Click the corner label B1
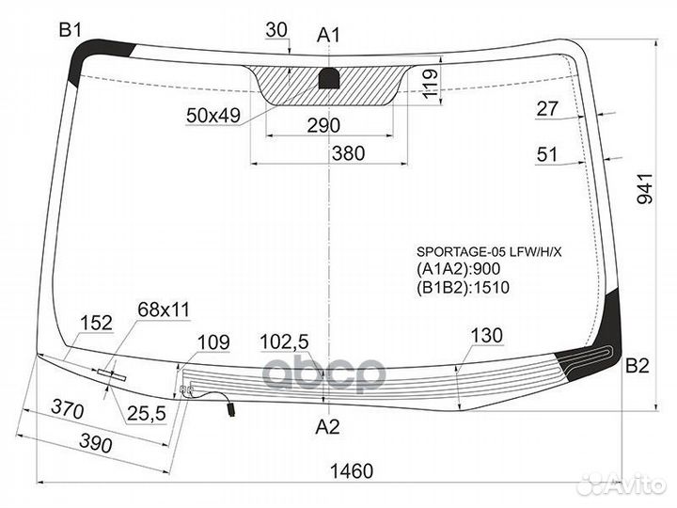[x=70, y=30]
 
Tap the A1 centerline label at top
[x=328, y=36]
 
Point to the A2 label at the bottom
[x=328, y=427]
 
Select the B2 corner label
[x=638, y=366]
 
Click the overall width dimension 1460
[x=352, y=471]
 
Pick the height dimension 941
[x=645, y=189]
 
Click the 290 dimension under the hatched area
[x=323, y=125]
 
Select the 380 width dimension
[x=349, y=153]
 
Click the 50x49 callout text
[x=213, y=116]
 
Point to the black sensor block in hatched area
[x=329, y=79]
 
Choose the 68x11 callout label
[x=164, y=310]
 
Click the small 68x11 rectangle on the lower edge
[x=111, y=374]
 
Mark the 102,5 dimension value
[x=284, y=342]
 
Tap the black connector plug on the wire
[x=231, y=409]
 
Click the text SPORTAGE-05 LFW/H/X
[x=489, y=252]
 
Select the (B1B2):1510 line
[x=463, y=287]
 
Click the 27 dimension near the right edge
[x=547, y=108]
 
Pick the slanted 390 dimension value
[x=96, y=443]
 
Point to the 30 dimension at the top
[x=276, y=30]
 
